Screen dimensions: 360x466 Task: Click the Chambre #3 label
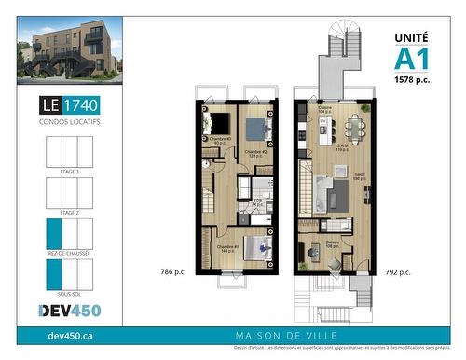point(219,139)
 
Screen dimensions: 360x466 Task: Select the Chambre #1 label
point(227,249)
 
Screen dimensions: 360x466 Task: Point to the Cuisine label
point(326,109)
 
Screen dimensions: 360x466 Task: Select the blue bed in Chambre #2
point(257,129)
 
